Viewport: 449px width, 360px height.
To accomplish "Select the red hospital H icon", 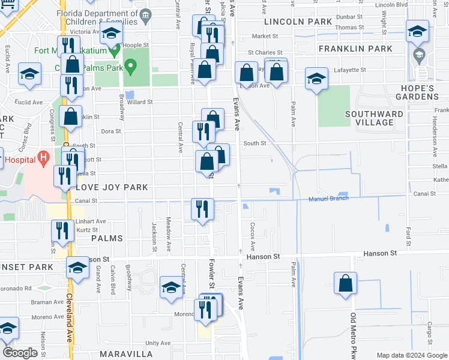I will tap(42, 158).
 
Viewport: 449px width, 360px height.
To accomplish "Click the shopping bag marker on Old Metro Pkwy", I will tap(346, 284).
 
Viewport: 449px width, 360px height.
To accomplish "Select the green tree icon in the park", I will tap(129, 66).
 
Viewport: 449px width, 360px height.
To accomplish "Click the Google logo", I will tap(20, 353).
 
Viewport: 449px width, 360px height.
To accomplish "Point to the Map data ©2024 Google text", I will tap(411, 355).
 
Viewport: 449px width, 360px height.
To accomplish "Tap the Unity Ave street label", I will tap(158, 343).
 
